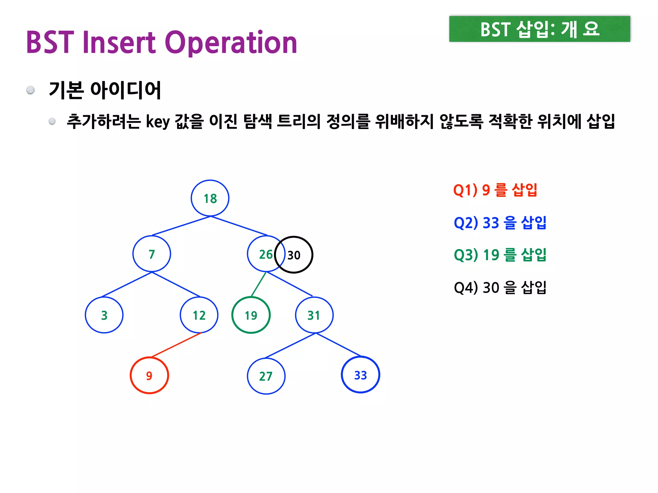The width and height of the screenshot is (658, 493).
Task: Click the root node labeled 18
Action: (210, 198)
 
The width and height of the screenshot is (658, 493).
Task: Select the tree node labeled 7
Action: (152, 254)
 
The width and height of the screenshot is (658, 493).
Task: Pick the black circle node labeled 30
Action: (296, 255)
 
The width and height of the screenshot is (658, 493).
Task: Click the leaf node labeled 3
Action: (104, 315)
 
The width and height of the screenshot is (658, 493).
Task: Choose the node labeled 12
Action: (199, 315)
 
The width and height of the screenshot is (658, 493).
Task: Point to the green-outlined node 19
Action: (251, 315)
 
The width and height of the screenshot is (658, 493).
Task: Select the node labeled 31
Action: (314, 315)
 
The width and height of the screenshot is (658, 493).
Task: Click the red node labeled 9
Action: (149, 376)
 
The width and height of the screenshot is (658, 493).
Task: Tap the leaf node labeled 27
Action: (266, 376)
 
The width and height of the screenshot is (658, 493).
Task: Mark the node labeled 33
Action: (360, 375)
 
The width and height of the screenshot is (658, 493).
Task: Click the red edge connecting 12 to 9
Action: (176, 345)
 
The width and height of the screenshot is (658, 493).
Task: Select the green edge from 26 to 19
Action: (258, 284)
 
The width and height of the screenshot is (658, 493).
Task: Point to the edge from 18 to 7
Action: (181, 226)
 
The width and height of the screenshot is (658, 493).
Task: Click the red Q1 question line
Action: (495, 190)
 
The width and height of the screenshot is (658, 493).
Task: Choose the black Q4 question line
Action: (500, 287)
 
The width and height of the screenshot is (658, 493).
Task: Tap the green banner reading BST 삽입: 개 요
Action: (539, 29)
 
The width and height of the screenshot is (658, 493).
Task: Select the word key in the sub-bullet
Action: (158, 122)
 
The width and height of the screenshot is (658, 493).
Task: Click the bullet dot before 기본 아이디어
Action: (31, 90)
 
